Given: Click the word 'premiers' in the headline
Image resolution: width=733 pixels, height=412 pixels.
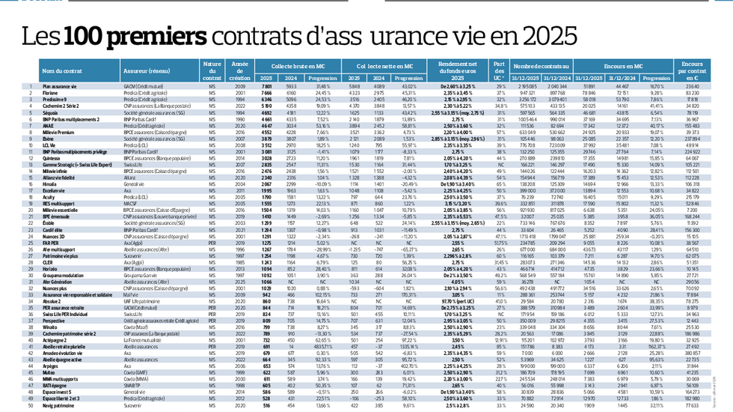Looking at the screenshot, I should (x=134, y=35).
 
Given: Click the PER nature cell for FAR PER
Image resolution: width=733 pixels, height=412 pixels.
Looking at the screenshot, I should (x=212, y=243).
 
